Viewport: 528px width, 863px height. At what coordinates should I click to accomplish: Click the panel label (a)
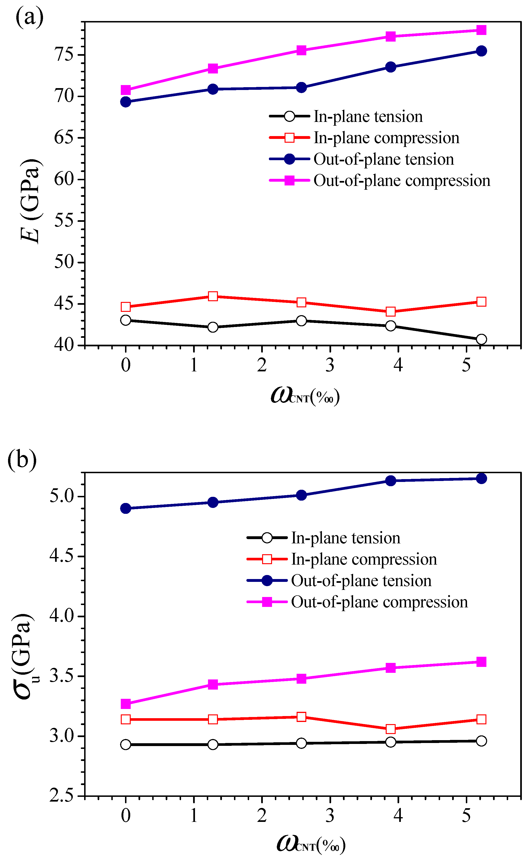click(x=30, y=17)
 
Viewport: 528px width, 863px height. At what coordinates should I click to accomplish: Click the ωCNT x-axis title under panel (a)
click(x=305, y=396)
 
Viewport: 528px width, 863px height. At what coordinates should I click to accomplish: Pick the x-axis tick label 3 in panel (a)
click(x=330, y=365)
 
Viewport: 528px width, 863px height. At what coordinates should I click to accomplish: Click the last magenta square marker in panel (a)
click(x=481, y=30)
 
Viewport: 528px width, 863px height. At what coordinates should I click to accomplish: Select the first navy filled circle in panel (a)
click(x=126, y=102)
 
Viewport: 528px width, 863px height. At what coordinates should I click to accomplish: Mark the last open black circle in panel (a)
click(x=481, y=339)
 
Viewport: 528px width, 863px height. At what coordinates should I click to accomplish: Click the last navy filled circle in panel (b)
click(x=481, y=478)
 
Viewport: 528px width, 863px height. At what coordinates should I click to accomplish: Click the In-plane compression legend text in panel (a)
click(x=386, y=138)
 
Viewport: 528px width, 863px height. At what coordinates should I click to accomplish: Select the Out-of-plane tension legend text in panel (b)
click(x=361, y=581)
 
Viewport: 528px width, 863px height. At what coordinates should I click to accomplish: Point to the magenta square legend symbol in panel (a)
click(x=289, y=180)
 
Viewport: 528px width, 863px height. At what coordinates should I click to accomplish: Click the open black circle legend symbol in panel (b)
click(x=267, y=538)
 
